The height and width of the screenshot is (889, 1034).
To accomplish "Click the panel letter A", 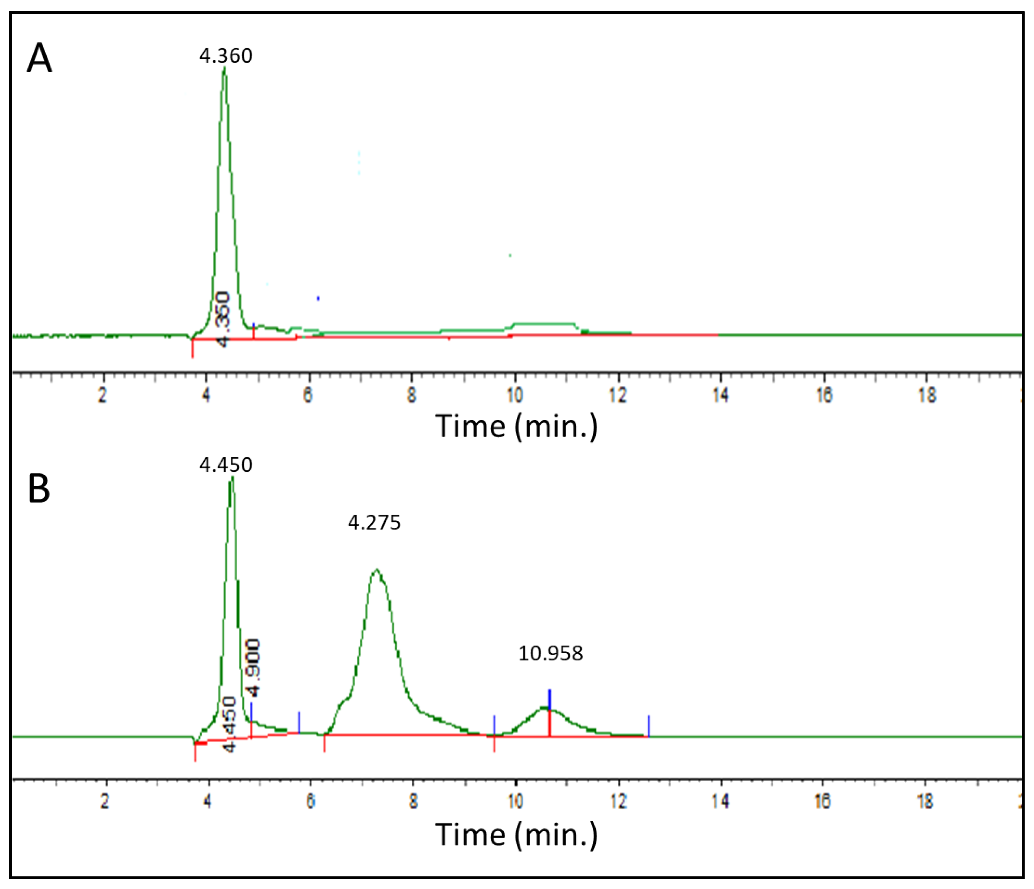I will point(39,58).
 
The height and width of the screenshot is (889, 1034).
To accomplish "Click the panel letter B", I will point(39,488).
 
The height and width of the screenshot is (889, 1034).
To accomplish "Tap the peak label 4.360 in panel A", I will point(225,55).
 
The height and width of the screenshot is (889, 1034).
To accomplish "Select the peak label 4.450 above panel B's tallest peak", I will point(225,465).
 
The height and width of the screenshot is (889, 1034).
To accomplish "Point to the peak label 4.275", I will point(374,522).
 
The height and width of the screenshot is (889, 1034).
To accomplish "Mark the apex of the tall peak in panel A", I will point(225,68).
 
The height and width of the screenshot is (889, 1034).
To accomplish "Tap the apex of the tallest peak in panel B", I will point(232,478).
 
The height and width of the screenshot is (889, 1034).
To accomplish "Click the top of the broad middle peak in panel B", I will point(377,570).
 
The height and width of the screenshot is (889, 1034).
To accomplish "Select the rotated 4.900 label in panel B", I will point(253,668).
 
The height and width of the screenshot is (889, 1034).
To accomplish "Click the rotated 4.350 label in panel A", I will point(223,319).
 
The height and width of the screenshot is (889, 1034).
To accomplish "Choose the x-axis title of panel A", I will point(516,426).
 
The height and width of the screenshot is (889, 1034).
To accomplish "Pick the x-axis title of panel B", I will point(516,834).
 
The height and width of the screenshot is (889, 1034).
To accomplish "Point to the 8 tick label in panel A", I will point(411,395).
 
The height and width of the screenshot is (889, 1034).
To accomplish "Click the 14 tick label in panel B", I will point(720,801).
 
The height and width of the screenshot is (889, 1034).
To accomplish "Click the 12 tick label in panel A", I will point(618,395).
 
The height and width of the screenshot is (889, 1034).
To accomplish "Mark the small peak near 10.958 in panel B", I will point(544,708).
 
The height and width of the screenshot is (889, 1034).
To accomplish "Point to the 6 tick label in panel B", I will point(310,801).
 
